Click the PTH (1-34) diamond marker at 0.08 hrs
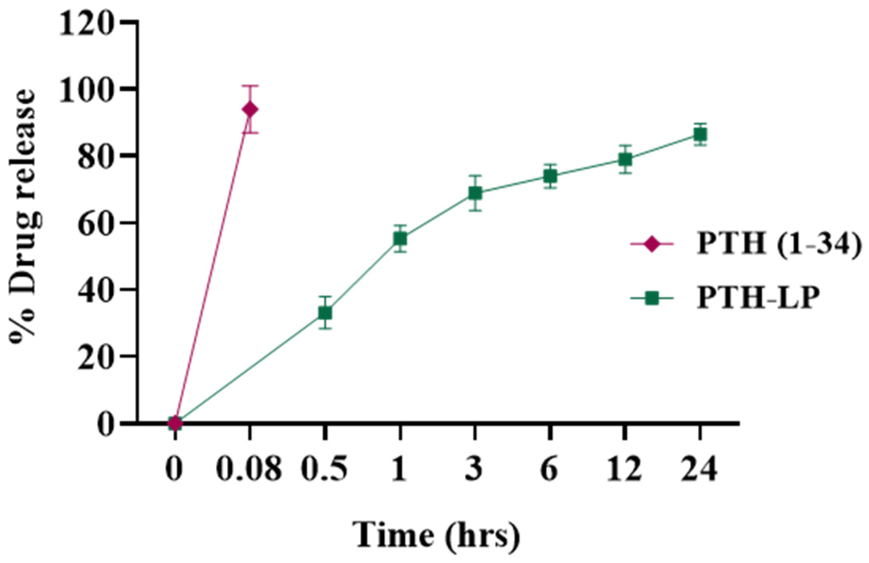[250, 109]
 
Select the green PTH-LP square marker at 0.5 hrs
[325, 313]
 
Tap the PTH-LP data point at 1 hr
[400, 239]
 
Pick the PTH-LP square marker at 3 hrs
[475, 193]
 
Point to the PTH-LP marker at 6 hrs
[550, 176]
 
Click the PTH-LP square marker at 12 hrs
[625, 159]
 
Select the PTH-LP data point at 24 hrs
[700, 135]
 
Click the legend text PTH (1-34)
[779, 243]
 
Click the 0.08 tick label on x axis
[248, 469]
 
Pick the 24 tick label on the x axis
[699, 469]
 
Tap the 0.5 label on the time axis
[324, 469]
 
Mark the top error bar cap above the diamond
[250, 86]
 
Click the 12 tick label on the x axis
[625, 469]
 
